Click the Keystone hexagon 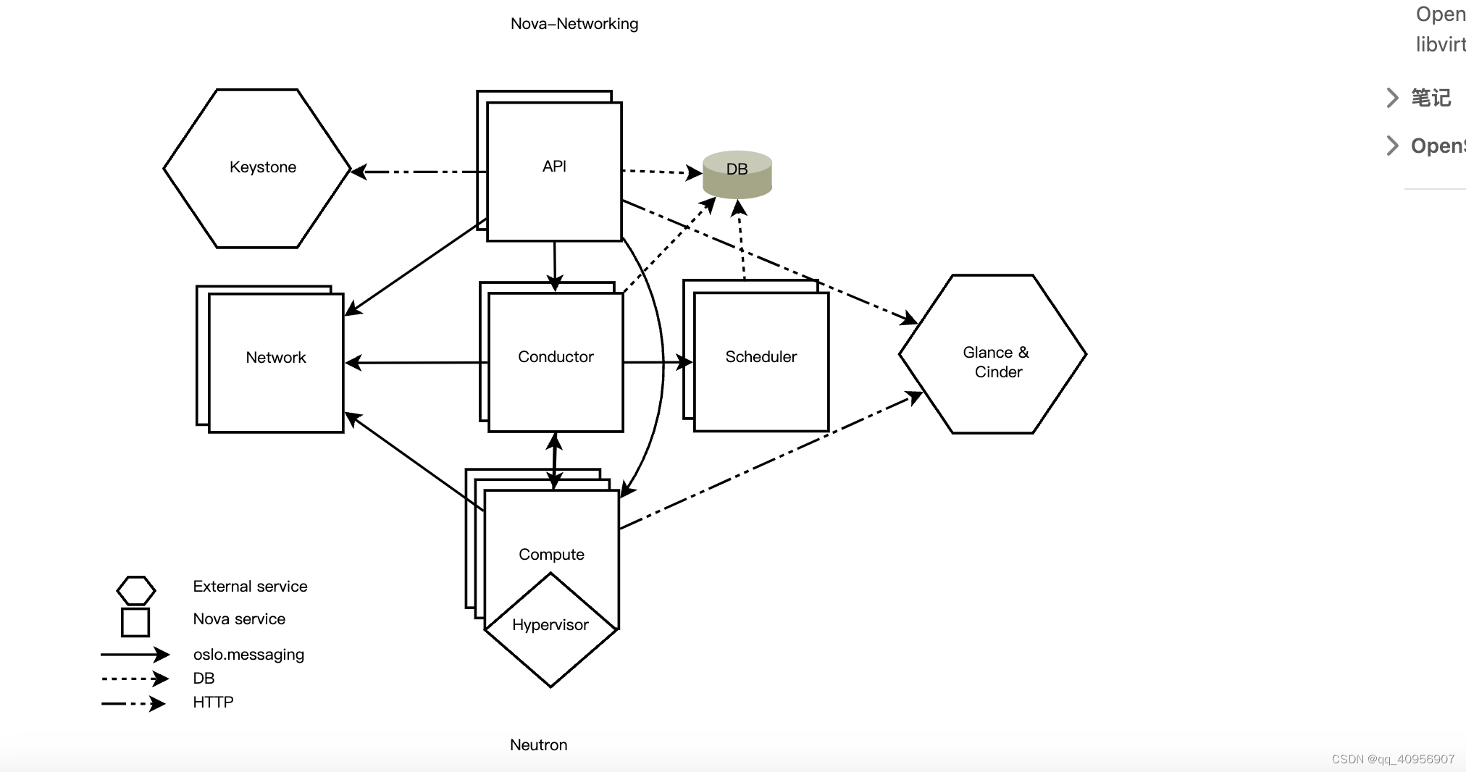click(x=258, y=168)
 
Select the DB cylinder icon click(x=737, y=174)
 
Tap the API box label click(x=554, y=167)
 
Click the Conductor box click(x=556, y=357)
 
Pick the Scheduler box click(x=761, y=357)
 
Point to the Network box click(x=275, y=358)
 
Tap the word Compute click(x=551, y=555)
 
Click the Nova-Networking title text click(x=574, y=24)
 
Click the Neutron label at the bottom click(x=538, y=745)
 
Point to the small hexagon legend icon click(x=135, y=590)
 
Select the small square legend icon click(x=135, y=622)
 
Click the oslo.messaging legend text click(x=248, y=655)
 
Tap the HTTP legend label click(x=213, y=702)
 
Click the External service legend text click(x=250, y=587)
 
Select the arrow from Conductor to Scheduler click(x=655, y=361)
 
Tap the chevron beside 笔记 click(x=1391, y=98)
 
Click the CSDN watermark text click(x=1392, y=759)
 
